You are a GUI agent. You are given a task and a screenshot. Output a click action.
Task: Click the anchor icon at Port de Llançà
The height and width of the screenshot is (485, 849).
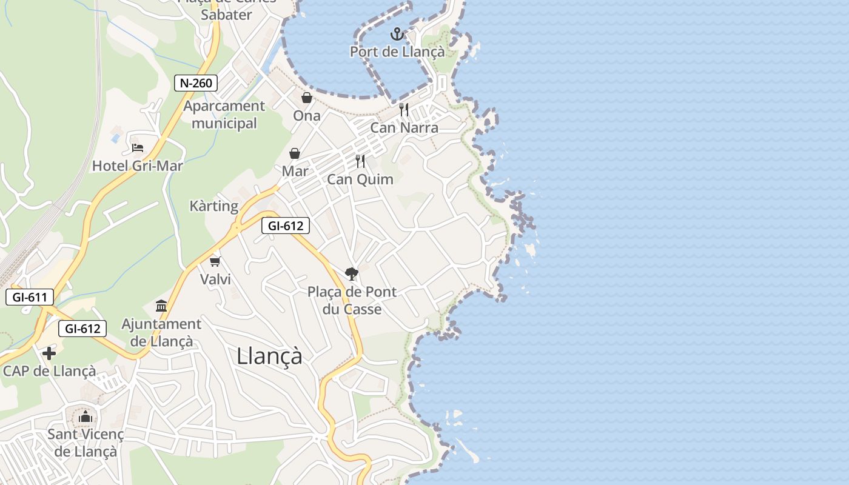pyautogui.click(x=397, y=34)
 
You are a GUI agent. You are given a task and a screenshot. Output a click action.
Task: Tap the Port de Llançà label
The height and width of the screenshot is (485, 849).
pyautogui.click(x=397, y=52)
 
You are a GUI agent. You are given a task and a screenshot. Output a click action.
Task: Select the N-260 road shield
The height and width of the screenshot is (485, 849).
pyautogui.click(x=196, y=83)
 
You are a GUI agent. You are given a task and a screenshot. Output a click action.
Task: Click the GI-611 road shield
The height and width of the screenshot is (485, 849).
pyautogui.click(x=30, y=297)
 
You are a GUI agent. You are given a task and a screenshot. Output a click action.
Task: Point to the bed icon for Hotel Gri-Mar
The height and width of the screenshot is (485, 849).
pyautogui.click(x=138, y=147)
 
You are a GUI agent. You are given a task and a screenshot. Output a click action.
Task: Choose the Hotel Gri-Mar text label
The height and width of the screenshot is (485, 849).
pyautogui.click(x=138, y=166)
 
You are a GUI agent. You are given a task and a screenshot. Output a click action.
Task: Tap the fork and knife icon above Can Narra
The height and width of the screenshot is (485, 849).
pyautogui.click(x=404, y=110)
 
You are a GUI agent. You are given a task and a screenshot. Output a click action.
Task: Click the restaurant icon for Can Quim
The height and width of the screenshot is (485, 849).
pyautogui.click(x=360, y=161)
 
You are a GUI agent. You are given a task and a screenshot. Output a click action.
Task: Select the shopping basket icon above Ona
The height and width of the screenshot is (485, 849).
pyautogui.click(x=307, y=98)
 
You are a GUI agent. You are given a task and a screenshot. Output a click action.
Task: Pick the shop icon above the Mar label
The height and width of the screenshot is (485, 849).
pyautogui.click(x=295, y=153)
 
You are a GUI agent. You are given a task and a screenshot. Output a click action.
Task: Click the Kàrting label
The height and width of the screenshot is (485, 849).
pyautogui.click(x=214, y=206)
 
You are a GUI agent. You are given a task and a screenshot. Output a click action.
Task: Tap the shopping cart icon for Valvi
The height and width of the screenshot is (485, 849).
pyautogui.click(x=215, y=261)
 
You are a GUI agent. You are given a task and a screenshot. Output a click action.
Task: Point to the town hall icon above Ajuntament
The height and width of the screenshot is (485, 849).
pyautogui.click(x=161, y=306)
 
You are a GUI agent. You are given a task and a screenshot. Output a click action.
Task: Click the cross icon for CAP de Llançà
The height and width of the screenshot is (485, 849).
pyautogui.click(x=49, y=353)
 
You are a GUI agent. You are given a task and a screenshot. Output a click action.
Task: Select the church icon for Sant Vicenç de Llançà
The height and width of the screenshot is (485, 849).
pyautogui.click(x=86, y=416)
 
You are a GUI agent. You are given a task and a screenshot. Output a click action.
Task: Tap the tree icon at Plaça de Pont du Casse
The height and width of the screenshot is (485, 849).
pyautogui.click(x=352, y=274)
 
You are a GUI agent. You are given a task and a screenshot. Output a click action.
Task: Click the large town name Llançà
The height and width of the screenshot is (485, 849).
pyautogui.click(x=269, y=356)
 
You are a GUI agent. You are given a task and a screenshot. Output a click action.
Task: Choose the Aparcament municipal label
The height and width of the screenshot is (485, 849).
pyautogui.click(x=224, y=115)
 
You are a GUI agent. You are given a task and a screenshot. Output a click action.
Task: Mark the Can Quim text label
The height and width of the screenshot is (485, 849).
pyautogui.click(x=360, y=179)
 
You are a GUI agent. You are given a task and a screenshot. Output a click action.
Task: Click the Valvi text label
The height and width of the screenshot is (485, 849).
pyautogui.click(x=215, y=279)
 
